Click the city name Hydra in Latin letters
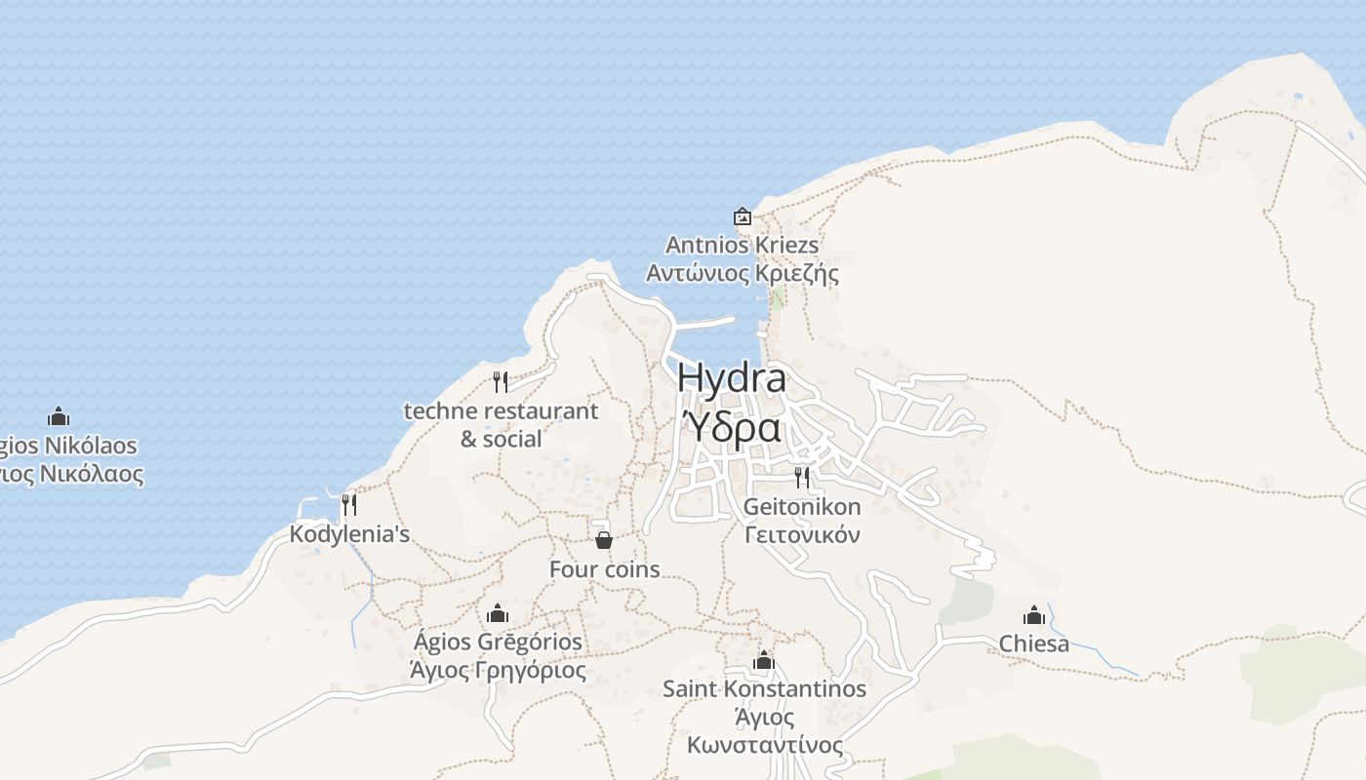click(732, 378)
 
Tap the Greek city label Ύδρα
click(732, 427)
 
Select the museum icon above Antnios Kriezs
click(743, 216)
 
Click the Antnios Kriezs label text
click(743, 245)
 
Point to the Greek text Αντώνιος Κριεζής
click(743, 273)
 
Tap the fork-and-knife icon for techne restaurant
click(501, 381)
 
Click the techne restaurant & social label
click(501, 424)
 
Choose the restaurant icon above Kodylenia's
click(348, 505)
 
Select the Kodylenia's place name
click(349, 534)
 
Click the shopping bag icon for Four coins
click(604, 539)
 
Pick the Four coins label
click(605, 569)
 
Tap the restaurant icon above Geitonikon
click(802, 477)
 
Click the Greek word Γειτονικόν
click(802, 534)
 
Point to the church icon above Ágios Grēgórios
click(498, 613)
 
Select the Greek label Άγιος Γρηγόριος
click(498, 671)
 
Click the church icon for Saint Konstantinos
click(764, 661)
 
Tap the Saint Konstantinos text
click(764, 689)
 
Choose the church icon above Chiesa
click(1034, 615)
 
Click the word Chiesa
click(1034, 643)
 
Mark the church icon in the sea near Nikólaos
click(59, 417)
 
